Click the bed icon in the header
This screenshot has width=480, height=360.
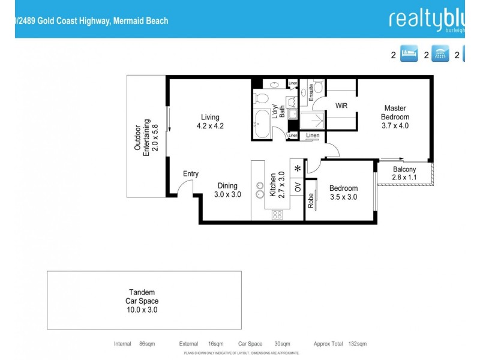(x=409, y=55)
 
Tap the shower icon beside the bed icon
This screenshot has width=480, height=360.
(x=442, y=55)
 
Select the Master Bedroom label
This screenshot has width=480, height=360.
(x=395, y=117)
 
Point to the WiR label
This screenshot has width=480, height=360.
(x=341, y=106)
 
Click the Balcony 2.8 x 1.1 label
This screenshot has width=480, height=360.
(x=404, y=173)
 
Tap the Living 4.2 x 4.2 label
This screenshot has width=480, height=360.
(x=210, y=122)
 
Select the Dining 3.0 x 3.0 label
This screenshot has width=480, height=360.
(x=227, y=190)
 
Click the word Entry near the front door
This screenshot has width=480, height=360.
(x=191, y=174)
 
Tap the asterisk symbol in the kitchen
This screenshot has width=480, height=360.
(x=298, y=169)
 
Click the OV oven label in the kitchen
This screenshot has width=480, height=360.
(x=298, y=187)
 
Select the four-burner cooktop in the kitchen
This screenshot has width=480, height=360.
(x=278, y=214)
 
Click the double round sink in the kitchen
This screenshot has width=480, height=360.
(x=260, y=190)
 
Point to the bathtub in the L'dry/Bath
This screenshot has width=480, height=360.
(x=263, y=124)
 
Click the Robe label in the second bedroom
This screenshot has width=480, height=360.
(x=311, y=201)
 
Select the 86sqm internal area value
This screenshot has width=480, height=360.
(x=147, y=344)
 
